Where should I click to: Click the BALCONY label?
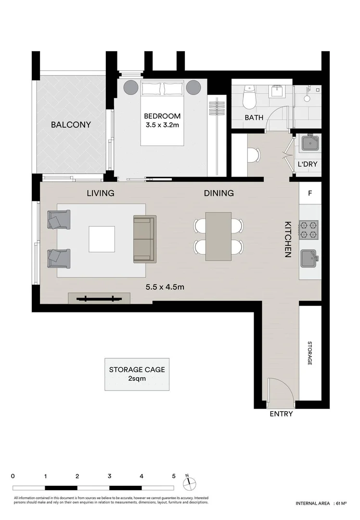pyautogui.click(x=71, y=125)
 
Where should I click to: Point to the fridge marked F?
pyautogui.click(x=310, y=194)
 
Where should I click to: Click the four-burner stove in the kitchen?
pyautogui.click(x=309, y=230)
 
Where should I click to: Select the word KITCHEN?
pyautogui.click(x=288, y=239)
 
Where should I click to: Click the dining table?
pyautogui.click(x=218, y=236)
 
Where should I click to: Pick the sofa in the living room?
pyautogui.click(x=145, y=239)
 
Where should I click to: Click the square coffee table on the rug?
pyautogui.click(x=102, y=239)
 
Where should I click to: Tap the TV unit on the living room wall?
pyautogui.click(x=99, y=299)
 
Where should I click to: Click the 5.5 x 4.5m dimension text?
pyautogui.click(x=165, y=287)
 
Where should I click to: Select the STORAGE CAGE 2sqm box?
pyautogui.click(x=137, y=374)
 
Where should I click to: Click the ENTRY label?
pyautogui.click(x=281, y=414)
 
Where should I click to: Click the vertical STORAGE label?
pyautogui.click(x=310, y=353)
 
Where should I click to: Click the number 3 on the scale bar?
pyautogui.click(x=110, y=476)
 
